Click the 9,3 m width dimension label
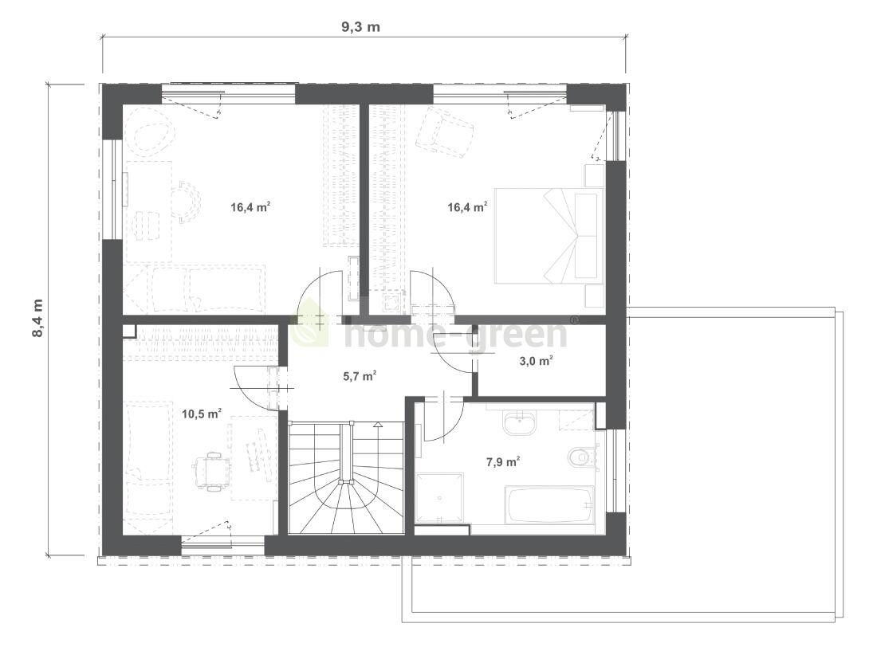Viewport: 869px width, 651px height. [x=361, y=27]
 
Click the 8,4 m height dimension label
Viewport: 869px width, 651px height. [x=37, y=319]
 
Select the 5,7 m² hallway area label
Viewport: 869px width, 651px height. [x=360, y=376]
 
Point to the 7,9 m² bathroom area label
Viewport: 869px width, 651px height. [x=503, y=461]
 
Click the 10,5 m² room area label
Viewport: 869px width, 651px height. [x=202, y=414]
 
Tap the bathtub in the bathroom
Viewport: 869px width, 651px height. [x=549, y=505]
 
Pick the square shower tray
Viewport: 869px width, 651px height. [x=439, y=498]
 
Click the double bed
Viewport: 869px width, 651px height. [x=548, y=235]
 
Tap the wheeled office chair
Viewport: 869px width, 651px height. [x=213, y=472]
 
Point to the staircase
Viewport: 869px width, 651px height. [x=345, y=478]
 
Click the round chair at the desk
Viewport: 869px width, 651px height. [x=188, y=200]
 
